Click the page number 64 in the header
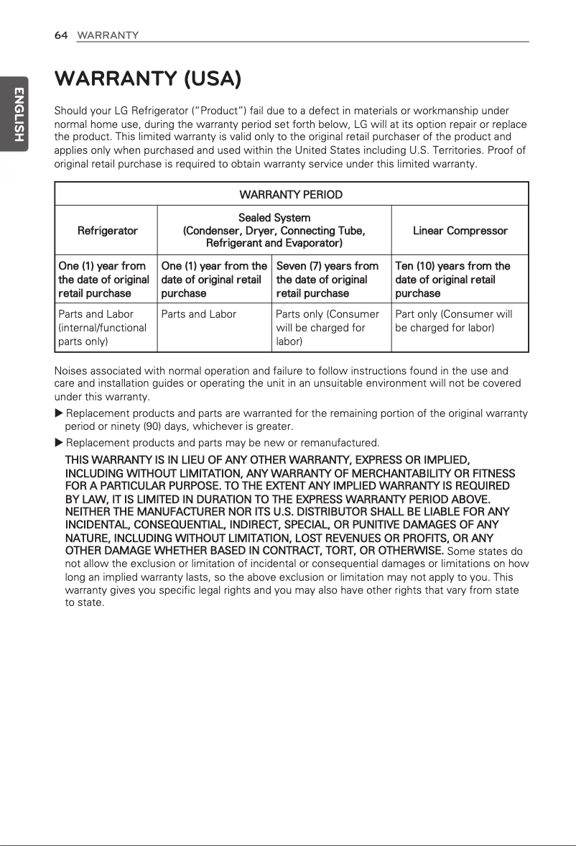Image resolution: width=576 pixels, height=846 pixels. [x=61, y=35]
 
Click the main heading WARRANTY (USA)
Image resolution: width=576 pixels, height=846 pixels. [x=147, y=78]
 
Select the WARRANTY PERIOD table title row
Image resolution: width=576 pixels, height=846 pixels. [x=291, y=195]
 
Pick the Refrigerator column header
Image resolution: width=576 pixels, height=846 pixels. [x=107, y=231]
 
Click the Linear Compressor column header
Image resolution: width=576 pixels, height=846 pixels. [x=460, y=231]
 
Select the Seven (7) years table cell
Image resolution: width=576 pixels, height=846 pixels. [x=327, y=280]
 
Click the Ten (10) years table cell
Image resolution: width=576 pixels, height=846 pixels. [x=452, y=280]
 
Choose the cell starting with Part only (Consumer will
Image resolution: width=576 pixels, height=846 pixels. [x=453, y=321]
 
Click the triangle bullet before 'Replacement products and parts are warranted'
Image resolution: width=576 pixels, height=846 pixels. [x=60, y=413]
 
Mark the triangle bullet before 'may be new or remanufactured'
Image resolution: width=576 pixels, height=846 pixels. [x=60, y=442]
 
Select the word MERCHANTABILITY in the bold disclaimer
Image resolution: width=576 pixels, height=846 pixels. [x=406, y=473]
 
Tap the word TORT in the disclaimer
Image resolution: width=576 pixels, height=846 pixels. [x=337, y=551]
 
